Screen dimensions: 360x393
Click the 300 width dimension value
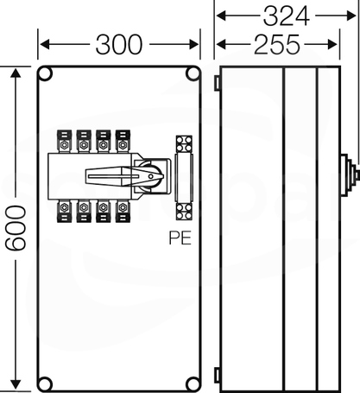click(119, 44)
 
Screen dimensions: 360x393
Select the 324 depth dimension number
click(287, 16)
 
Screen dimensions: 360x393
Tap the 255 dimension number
click(277, 44)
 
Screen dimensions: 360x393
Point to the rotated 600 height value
click(16, 227)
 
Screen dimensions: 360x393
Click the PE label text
click(180, 238)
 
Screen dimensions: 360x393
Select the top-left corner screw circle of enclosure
click(45, 73)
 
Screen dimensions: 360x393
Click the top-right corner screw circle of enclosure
click(193, 73)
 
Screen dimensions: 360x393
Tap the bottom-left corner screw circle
click(45, 383)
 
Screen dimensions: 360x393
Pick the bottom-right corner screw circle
click(193, 383)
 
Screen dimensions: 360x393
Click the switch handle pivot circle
click(151, 176)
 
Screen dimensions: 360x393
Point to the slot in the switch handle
click(113, 176)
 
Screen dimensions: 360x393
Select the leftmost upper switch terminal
click(64, 142)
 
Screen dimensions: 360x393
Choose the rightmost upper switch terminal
click(123, 142)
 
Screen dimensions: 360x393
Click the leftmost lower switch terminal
click(64, 211)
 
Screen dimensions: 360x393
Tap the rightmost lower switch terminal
click(123, 211)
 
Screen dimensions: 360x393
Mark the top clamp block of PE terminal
click(184, 144)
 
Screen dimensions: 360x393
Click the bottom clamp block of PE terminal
click(184, 212)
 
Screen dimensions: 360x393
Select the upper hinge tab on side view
click(218, 83)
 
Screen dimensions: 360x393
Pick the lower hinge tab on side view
click(218, 375)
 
